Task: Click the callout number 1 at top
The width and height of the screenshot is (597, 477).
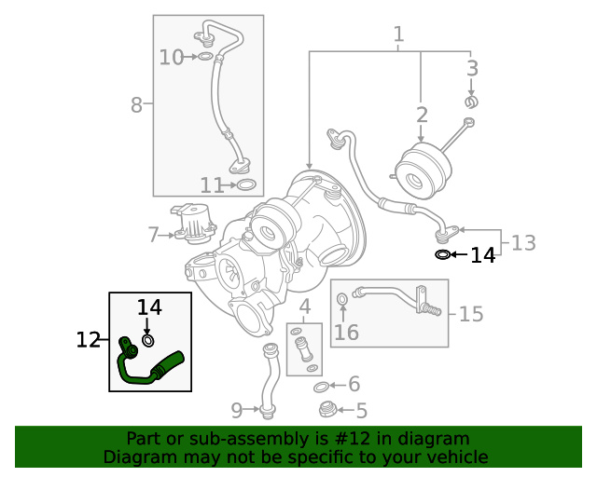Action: [x=398, y=34]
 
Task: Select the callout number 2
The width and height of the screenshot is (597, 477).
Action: [x=422, y=115]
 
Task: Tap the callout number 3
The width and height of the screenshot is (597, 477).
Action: [x=472, y=68]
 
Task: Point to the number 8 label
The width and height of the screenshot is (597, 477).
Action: [x=136, y=104]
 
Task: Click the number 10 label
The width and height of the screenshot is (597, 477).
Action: [x=172, y=58]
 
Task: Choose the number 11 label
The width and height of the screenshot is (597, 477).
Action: [x=212, y=185]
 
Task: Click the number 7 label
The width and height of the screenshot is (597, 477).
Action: [x=153, y=235]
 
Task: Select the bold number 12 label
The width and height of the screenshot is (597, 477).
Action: [x=88, y=340]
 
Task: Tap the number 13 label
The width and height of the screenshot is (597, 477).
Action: [x=523, y=243]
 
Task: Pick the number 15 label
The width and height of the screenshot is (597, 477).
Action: [x=471, y=314]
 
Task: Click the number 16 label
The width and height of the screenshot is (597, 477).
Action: [x=346, y=333]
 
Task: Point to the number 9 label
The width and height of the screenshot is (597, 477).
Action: [x=236, y=409]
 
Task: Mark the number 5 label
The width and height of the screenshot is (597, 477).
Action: [x=361, y=410]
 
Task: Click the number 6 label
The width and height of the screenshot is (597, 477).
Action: [x=353, y=384]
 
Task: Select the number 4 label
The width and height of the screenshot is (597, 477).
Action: [x=304, y=307]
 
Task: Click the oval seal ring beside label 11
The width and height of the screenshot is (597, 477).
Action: [x=246, y=185]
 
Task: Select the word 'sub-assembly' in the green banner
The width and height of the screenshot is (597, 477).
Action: [x=260, y=438]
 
